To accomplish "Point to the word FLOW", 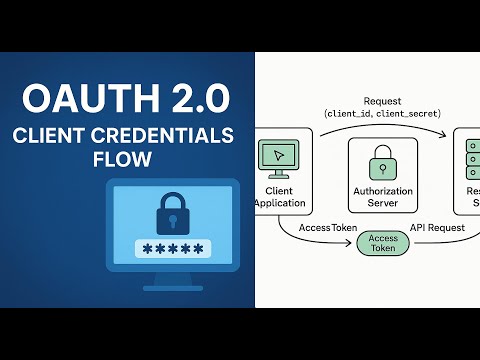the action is [125, 160].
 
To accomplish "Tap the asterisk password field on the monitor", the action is [173, 249].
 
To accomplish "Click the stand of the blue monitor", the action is [172, 284].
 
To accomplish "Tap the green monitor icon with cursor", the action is [276, 157].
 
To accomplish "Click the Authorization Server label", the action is [383, 196].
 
